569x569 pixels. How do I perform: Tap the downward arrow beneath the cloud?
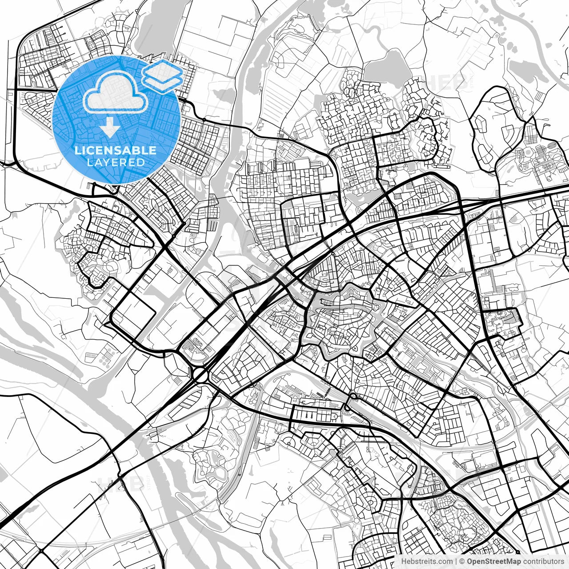[x=110, y=128]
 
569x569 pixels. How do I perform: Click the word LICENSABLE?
[x=116, y=150]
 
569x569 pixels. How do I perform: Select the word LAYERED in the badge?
[x=116, y=162]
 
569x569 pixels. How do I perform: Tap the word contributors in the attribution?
[x=543, y=561]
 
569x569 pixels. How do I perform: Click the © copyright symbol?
[x=462, y=561]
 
